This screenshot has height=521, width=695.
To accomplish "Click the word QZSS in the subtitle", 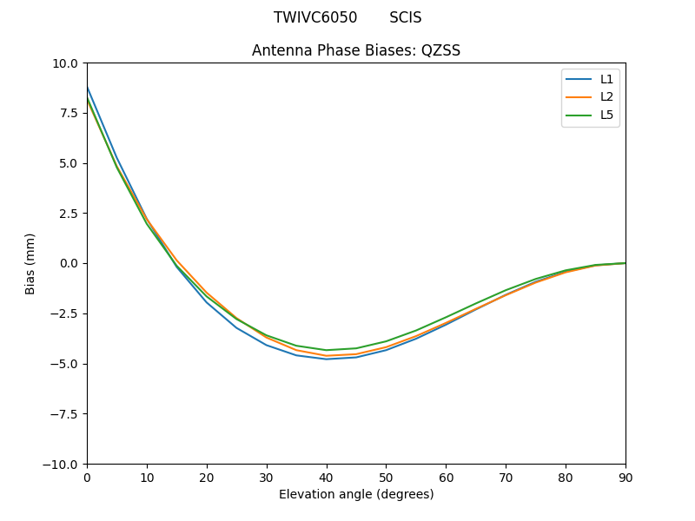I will click(x=440, y=50).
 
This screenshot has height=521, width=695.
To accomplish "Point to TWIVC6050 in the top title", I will click(x=315, y=17).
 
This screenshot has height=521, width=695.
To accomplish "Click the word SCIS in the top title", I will click(x=405, y=17).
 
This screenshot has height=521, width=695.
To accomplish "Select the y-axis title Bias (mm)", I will click(x=30, y=263).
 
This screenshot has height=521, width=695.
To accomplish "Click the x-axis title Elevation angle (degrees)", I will click(x=356, y=494).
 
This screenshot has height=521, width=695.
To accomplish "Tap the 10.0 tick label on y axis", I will click(x=65, y=63).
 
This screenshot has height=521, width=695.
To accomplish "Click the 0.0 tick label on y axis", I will click(x=68, y=263).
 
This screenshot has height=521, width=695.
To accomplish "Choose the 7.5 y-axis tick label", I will click(x=68, y=113).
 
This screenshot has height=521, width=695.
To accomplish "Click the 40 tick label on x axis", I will click(x=327, y=478).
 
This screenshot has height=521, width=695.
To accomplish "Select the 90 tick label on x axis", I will click(x=625, y=478).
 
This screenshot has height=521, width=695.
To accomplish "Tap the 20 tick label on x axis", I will click(x=207, y=478).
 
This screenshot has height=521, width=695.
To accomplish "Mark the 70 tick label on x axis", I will click(x=506, y=478).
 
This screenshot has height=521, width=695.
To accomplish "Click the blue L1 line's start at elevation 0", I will click(x=88, y=88).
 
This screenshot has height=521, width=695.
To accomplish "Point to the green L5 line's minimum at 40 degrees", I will click(x=327, y=350).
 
